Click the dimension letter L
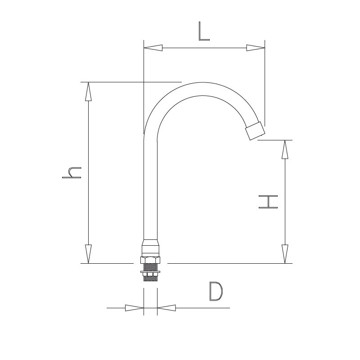pos(204,31)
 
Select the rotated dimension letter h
pos(72,173)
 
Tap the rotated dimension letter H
pos(268,202)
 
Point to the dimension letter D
pos(216,291)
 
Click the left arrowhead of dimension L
pos(153,48)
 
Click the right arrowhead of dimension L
pos(256,48)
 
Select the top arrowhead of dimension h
pos(88,91)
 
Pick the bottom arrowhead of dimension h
pos(88,254)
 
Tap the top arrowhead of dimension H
pos(285,149)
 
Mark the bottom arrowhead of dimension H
pos(285,254)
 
